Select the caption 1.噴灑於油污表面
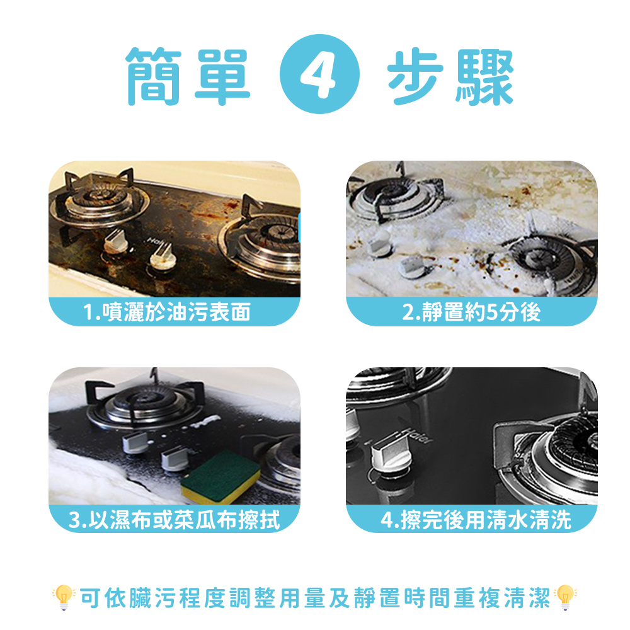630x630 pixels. [166, 312]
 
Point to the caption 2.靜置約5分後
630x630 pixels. [471, 312]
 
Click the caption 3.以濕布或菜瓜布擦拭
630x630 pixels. [174, 520]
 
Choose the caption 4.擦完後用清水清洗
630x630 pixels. [476, 520]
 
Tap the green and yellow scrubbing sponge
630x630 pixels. [220, 477]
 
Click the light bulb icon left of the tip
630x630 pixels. [64, 597]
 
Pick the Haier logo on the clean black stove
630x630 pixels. [416, 435]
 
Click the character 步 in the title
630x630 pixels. [415, 76]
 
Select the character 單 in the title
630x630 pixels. [222, 77]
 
